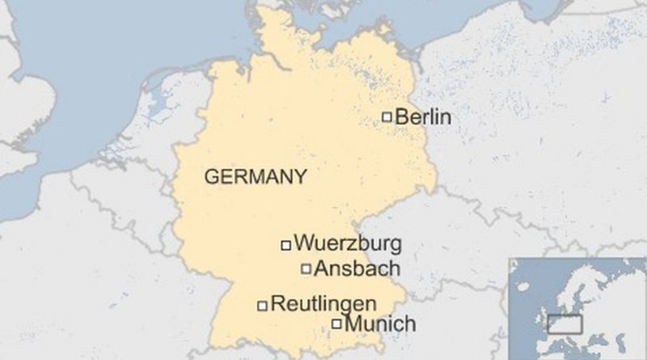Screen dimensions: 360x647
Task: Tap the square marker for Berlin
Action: pos(387,117)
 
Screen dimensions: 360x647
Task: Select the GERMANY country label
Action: pos(256,176)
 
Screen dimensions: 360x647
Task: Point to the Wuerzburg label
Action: pos(348,243)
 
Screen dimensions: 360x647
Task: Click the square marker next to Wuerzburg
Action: pos(285,244)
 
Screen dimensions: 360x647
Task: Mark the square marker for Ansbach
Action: pos(306,269)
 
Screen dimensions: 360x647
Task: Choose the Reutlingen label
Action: pos(324,305)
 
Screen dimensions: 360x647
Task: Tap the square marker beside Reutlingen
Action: pos(262,306)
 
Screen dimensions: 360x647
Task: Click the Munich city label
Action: pos(380,325)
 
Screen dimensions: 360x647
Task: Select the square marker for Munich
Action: pos(336,325)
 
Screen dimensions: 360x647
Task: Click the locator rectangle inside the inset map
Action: pos(565,324)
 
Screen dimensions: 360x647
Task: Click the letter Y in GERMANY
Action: pos(300,176)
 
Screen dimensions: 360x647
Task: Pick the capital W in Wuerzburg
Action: pos(304,243)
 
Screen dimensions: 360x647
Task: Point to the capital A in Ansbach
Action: pos(320,269)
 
